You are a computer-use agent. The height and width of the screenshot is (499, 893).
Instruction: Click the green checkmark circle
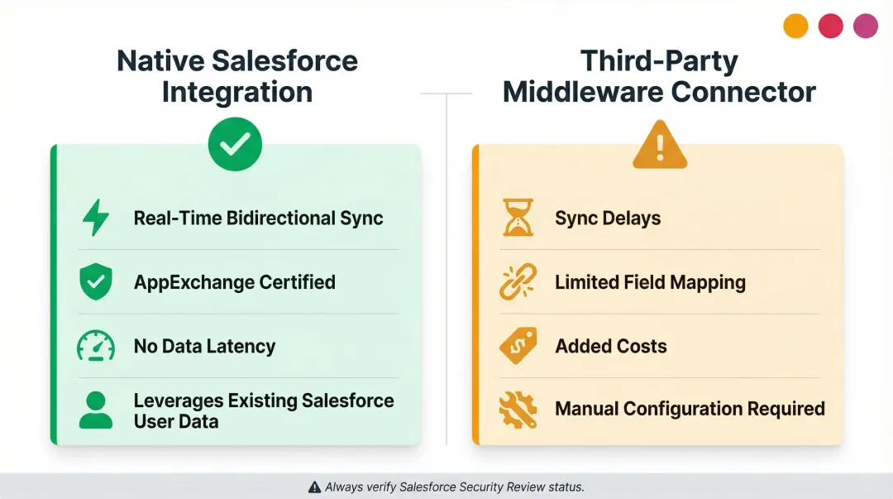click(235, 144)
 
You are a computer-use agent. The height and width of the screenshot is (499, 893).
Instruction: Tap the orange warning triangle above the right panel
click(660, 146)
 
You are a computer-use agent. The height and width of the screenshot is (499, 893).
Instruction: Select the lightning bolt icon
click(95, 218)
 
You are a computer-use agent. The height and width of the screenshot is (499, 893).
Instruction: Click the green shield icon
click(95, 282)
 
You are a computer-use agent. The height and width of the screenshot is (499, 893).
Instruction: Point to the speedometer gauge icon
click(95, 346)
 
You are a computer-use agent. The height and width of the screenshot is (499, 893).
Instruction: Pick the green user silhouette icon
click(95, 410)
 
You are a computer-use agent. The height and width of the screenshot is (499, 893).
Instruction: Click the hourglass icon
click(518, 218)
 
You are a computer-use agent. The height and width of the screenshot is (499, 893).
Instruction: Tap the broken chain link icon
click(518, 282)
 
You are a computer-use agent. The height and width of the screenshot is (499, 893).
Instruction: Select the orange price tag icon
click(518, 346)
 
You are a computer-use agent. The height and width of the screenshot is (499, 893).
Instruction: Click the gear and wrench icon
click(518, 409)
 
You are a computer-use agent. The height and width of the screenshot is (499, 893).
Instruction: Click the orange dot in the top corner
click(795, 26)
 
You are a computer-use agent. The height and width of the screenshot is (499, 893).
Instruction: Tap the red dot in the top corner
click(830, 26)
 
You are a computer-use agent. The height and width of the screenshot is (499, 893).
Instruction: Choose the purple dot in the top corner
click(865, 26)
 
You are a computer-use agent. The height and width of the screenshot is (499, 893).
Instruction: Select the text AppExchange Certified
click(234, 282)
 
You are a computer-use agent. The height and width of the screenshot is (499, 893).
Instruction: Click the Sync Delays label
click(608, 218)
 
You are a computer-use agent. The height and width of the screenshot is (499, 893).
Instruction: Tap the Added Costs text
click(610, 346)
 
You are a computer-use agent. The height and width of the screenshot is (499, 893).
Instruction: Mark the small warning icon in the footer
click(314, 487)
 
